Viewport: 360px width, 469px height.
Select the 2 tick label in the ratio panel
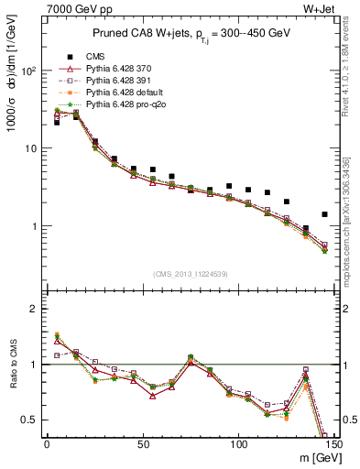pos(34,309)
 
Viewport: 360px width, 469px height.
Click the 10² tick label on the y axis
pos(29,71)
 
